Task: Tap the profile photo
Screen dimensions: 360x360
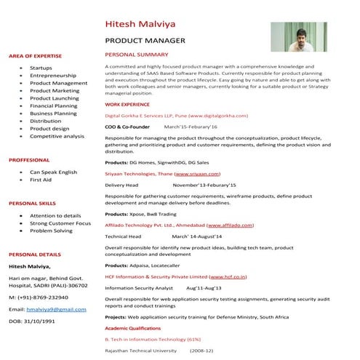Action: tap(298, 37)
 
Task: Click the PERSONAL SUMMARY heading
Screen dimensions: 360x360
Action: tap(137, 55)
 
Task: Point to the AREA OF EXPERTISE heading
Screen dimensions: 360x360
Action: tap(35, 56)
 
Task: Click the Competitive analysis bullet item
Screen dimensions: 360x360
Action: tap(57, 136)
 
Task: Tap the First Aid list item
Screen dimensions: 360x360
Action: tap(41, 179)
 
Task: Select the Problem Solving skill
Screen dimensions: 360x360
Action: tap(51, 231)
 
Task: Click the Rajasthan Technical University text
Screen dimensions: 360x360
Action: tap(140, 351)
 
